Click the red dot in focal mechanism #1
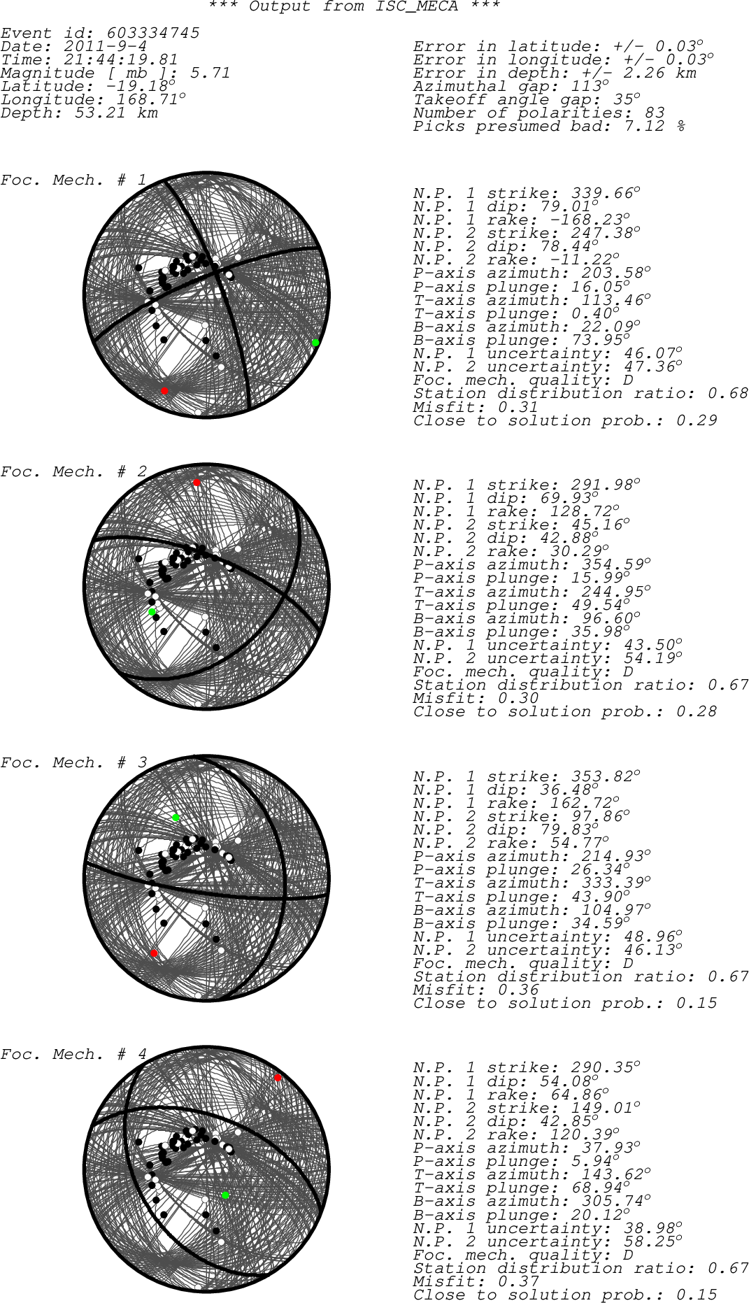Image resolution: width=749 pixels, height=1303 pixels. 164,391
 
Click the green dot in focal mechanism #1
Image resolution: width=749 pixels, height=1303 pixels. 315,342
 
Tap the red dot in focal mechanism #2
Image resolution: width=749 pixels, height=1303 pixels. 197,483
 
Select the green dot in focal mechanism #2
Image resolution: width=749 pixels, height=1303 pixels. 152,612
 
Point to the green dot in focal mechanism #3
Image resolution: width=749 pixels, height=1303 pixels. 176,817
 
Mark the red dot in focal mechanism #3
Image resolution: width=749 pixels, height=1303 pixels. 154,953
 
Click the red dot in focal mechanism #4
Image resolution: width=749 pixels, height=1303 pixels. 278,1078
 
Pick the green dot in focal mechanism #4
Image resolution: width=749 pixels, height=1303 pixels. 225,1195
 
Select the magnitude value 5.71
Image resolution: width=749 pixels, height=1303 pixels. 210,73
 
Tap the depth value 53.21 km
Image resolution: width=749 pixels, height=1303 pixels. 116,113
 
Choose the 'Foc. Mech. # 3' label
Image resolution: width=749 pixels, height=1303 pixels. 73,762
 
